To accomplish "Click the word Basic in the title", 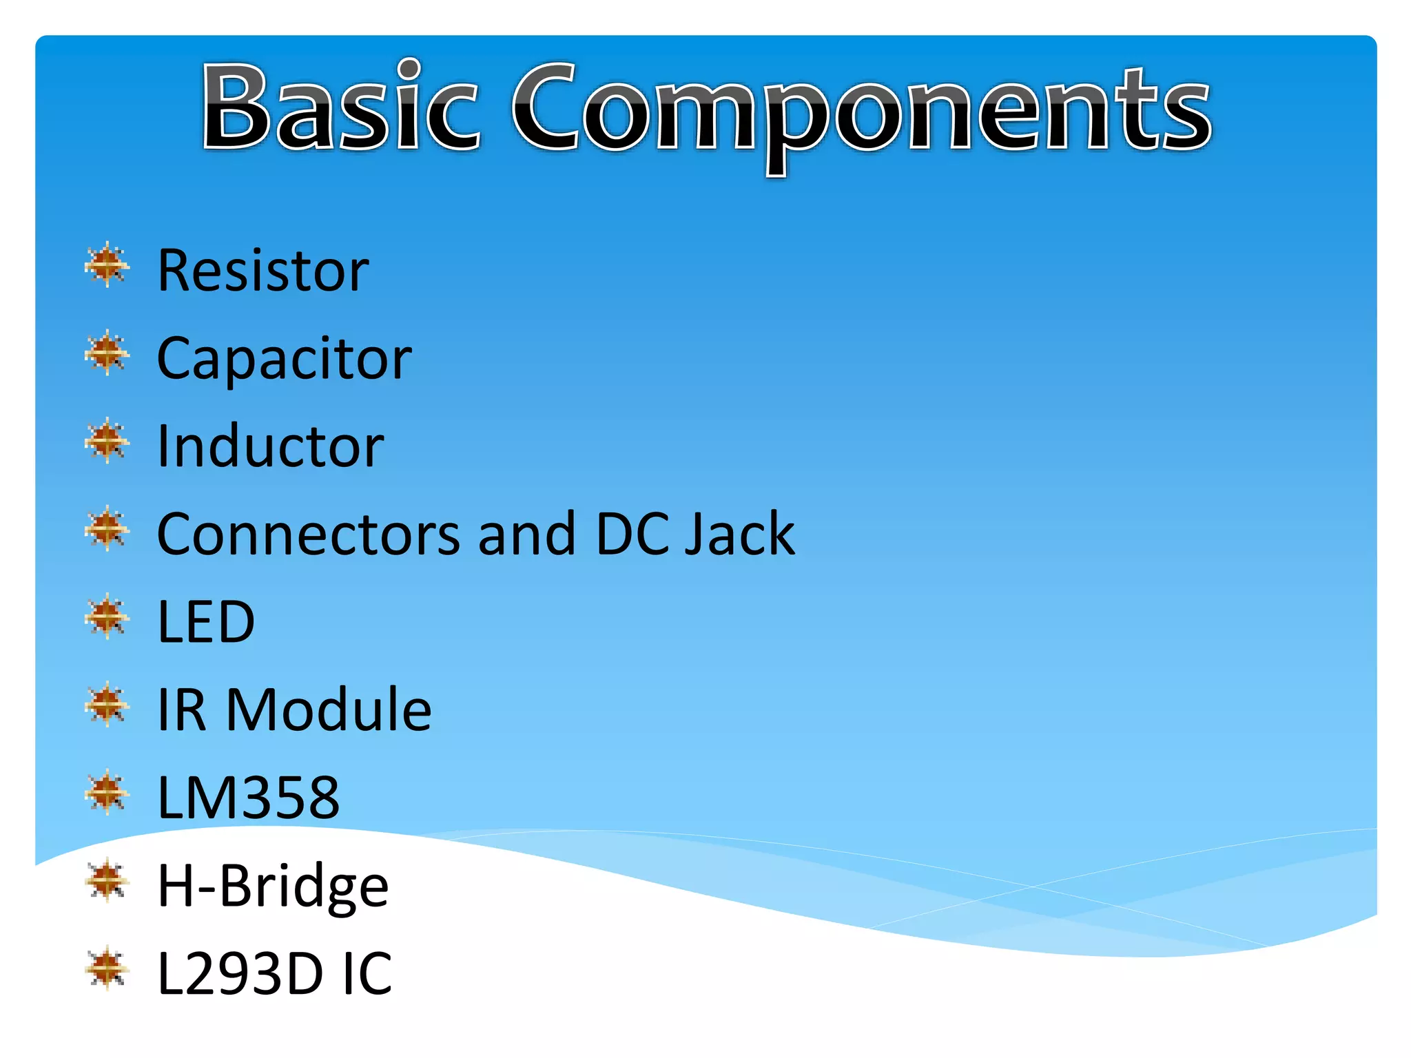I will [x=340, y=107].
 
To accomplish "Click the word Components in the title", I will [x=861, y=110].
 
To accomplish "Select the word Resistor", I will [x=262, y=270].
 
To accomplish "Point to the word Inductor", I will [x=270, y=446].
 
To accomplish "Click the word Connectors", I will [x=308, y=534].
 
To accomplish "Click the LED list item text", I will [x=206, y=622].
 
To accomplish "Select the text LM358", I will [x=248, y=798].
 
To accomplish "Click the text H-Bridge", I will [x=273, y=886].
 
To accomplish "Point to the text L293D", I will [x=240, y=973].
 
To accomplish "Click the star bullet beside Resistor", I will [x=107, y=264].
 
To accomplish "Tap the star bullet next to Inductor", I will [x=107, y=441].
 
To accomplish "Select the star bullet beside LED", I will [x=107, y=616].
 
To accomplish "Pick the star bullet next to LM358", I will [x=107, y=792].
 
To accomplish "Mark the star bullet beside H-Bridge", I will [x=107, y=880].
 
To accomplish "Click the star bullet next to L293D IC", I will [x=107, y=968].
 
